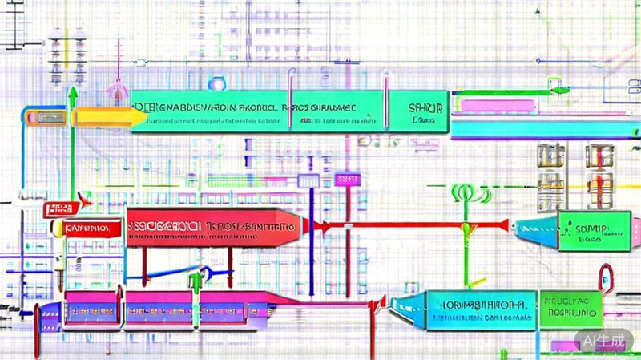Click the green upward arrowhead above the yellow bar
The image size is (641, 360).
click(73, 94)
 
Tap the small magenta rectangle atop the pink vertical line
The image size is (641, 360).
click(349, 180)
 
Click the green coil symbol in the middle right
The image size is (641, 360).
click(473, 193)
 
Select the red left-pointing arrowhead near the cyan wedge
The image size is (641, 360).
click(503, 226)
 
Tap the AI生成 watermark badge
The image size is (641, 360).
click(602, 340)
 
